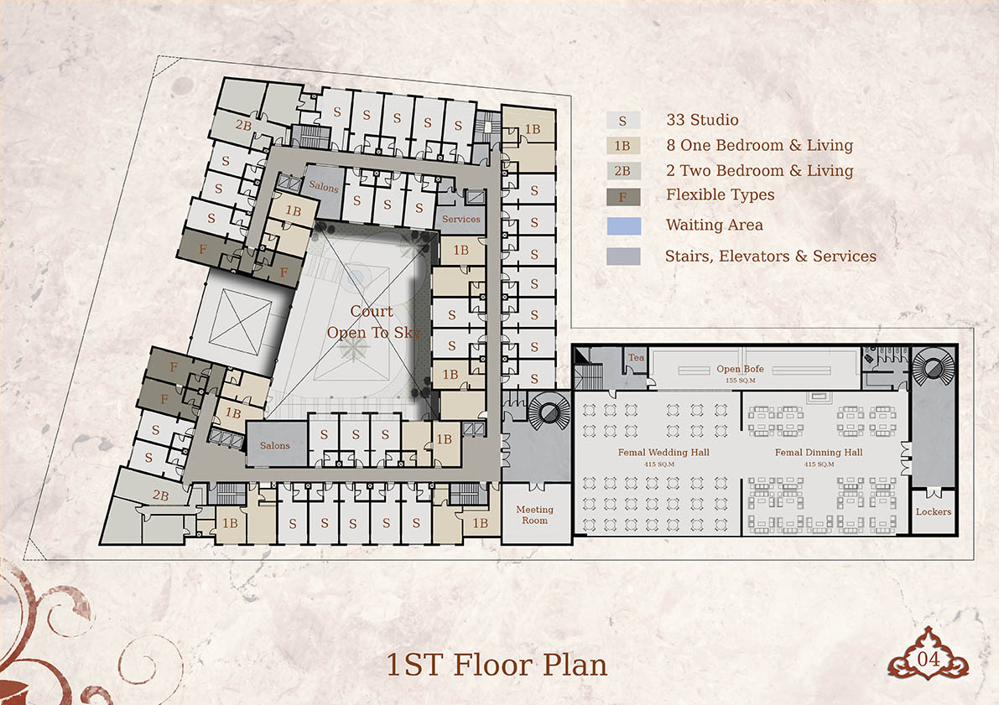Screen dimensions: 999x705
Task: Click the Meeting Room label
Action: click(534, 515)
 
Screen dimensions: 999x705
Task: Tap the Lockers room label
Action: click(933, 511)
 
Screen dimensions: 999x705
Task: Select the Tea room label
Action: click(636, 357)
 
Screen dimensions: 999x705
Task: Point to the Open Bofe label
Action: click(740, 369)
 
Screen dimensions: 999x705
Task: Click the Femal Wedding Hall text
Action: click(663, 452)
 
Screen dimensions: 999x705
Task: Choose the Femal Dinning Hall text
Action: click(819, 452)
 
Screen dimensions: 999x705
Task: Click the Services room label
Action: click(461, 219)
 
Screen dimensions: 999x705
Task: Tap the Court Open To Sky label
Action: click(373, 322)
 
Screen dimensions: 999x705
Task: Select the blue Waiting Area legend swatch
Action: click(624, 226)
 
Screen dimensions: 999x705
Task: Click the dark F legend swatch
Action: click(623, 197)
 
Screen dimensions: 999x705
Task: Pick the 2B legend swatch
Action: click(623, 171)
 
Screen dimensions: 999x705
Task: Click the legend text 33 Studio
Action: click(702, 120)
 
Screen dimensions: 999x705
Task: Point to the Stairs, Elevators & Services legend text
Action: click(770, 256)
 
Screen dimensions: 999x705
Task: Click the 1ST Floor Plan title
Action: click(497, 665)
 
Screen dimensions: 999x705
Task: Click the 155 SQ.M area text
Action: click(740, 381)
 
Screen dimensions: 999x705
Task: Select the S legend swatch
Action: click(623, 121)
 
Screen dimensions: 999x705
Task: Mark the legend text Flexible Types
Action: click(720, 194)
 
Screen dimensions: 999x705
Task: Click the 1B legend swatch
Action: click(623, 146)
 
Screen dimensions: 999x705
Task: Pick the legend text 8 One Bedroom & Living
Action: click(759, 145)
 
